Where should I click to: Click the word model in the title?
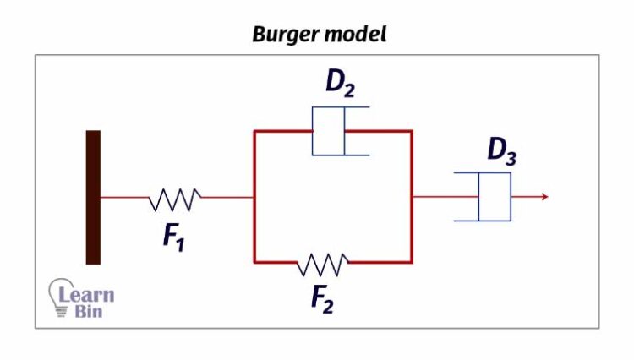[357, 35]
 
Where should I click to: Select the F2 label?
[322, 299]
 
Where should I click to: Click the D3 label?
[501, 152]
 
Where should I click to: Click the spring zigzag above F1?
[174, 199]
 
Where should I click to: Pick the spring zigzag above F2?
[322, 264]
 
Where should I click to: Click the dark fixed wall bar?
[93, 197]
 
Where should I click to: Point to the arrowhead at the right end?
[545, 197]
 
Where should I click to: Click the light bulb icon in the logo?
[61, 297]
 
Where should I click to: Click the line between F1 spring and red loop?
[227, 198]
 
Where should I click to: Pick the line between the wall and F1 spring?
[124, 198]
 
